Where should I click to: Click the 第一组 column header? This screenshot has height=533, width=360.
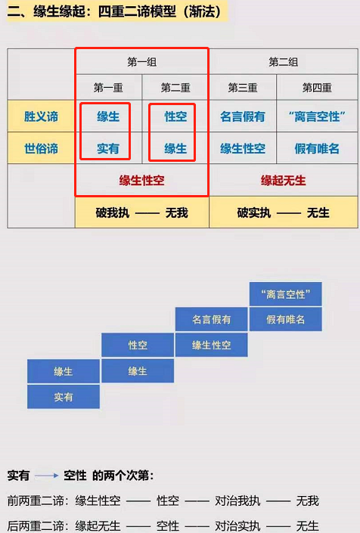point(141,62)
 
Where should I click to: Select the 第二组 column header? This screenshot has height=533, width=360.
point(283,62)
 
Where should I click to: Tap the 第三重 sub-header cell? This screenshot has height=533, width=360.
point(243,88)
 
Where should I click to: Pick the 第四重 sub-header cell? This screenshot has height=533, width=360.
point(317,88)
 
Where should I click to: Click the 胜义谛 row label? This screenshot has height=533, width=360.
point(41,116)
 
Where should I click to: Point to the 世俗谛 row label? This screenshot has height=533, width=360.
point(41,148)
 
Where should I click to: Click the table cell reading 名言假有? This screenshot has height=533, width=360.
point(243,116)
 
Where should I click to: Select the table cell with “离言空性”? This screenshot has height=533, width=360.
point(317,116)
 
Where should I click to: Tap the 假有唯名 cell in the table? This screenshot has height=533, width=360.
point(317,148)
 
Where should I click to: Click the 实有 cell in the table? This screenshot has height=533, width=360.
point(108,148)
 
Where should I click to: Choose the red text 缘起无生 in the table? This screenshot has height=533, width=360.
point(283,180)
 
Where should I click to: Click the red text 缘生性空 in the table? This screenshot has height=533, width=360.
point(141,180)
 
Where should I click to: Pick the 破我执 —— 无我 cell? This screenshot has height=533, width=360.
point(141,212)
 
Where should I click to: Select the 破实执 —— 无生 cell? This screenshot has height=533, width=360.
point(283,212)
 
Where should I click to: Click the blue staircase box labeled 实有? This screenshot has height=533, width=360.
point(64,397)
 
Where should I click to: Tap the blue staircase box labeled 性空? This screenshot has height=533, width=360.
point(138,345)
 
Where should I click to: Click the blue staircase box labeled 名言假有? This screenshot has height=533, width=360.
point(212,319)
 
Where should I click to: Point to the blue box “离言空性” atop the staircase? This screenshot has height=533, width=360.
point(286,293)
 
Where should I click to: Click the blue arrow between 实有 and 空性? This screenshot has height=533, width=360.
point(47,476)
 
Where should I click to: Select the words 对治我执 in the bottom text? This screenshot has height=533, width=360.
point(237,500)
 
